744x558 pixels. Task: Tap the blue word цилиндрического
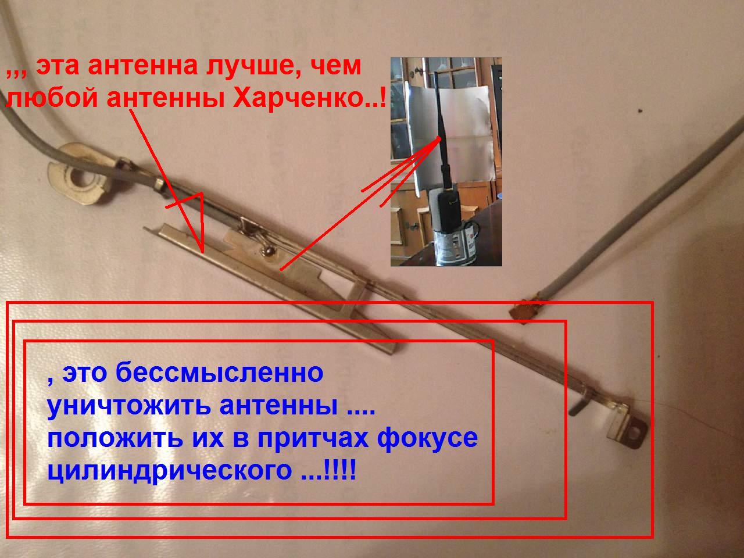170,471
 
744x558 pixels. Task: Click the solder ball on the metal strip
269,251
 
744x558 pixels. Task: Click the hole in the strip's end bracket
634,432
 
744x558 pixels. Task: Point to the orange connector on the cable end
525,309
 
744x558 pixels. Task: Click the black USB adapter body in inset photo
448,210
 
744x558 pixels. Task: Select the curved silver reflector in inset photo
454,132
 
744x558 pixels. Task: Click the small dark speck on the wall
641,110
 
